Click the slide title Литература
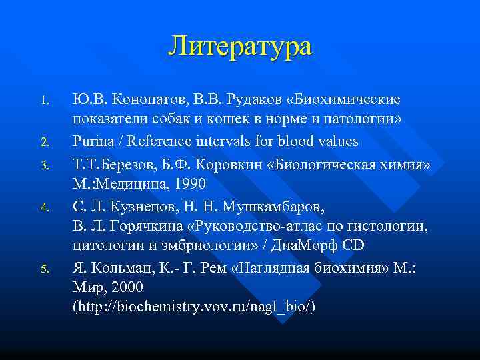pyautogui.click(x=240, y=47)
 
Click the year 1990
pyautogui.click(x=187, y=183)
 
